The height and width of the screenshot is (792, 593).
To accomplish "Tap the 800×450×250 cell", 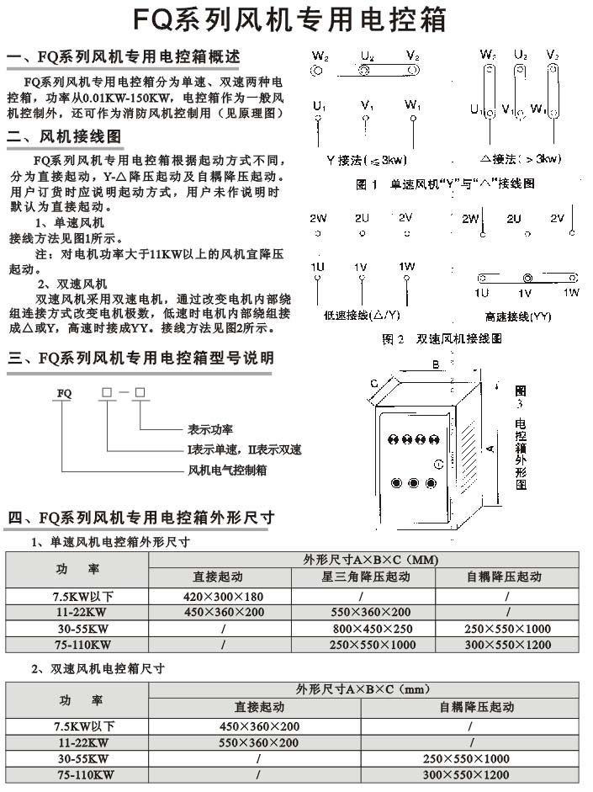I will pos(372,629).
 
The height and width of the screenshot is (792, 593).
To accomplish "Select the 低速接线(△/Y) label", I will pos(357,316).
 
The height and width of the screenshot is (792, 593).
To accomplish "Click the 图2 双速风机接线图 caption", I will pos(442,339).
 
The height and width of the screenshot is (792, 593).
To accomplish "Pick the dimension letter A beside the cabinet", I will pos(490,448).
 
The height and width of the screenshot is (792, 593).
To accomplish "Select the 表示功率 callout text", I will pos(210,428).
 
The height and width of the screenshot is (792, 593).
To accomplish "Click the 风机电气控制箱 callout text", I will pos(227,470).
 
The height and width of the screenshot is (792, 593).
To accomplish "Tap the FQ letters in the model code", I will pos(64,392).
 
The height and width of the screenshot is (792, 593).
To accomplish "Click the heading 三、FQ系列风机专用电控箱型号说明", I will pos(140,358).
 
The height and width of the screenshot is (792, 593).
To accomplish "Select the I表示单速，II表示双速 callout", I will pos(244,449).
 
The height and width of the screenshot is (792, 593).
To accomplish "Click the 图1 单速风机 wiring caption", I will pos(445,183).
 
